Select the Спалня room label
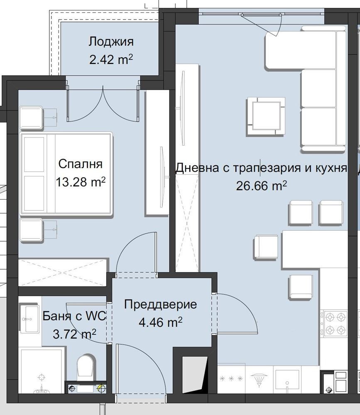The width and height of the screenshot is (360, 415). (x=80, y=164)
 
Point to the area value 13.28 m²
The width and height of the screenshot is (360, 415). (x=80, y=181)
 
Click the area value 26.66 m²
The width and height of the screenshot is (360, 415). (x=261, y=186)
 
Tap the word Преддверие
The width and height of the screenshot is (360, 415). (x=160, y=304)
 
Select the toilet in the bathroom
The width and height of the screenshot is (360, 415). (x=86, y=366)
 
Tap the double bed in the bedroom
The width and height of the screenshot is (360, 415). (x=66, y=173)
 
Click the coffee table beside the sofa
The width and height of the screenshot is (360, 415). (x=266, y=117)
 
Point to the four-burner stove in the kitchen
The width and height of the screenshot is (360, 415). (x=335, y=324)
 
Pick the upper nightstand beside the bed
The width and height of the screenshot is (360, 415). (x=31, y=117)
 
